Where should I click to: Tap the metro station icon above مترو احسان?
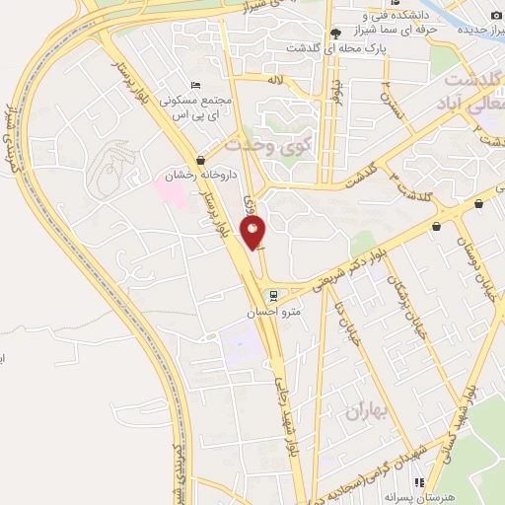coord(273,295)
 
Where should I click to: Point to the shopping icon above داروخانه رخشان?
coord(201,160)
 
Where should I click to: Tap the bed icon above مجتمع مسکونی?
coord(196,87)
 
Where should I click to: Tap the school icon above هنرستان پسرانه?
coord(418,482)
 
